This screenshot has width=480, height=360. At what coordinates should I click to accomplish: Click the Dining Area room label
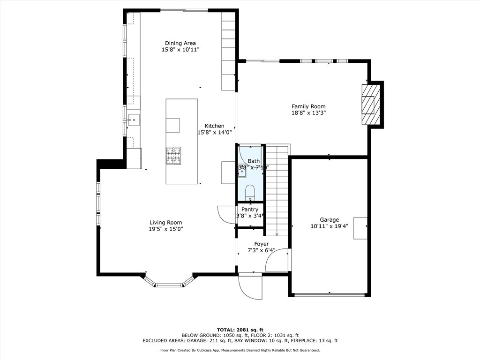click(180, 43)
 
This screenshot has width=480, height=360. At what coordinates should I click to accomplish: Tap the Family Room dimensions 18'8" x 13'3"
click(308, 113)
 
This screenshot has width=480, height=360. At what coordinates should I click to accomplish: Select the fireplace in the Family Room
click(371, 105)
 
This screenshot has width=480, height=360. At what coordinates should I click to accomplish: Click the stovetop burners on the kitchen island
click(173, 156)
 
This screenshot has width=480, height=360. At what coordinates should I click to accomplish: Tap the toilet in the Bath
click(250, 191)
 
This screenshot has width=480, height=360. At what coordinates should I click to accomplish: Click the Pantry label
click(250, 210)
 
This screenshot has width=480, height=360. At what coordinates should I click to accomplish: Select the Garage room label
click(329, 220)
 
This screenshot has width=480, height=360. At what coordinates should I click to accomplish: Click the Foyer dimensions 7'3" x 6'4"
click(261, 251)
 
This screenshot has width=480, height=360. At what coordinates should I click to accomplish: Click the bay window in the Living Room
click(169, 283)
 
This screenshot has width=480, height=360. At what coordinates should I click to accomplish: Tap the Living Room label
click(165, 223)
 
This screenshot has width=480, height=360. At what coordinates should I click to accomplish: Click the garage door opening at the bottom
click(330, 294)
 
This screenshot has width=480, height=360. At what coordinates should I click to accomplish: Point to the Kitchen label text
click(214, 126)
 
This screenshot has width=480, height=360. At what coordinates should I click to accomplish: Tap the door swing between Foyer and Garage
click(277, 261)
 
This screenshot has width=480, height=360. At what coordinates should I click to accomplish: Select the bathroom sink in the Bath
click(242, 172)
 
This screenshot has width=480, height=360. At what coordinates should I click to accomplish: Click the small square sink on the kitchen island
click(172, 125)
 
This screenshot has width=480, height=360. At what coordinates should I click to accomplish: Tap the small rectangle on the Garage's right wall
click(360, 228)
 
